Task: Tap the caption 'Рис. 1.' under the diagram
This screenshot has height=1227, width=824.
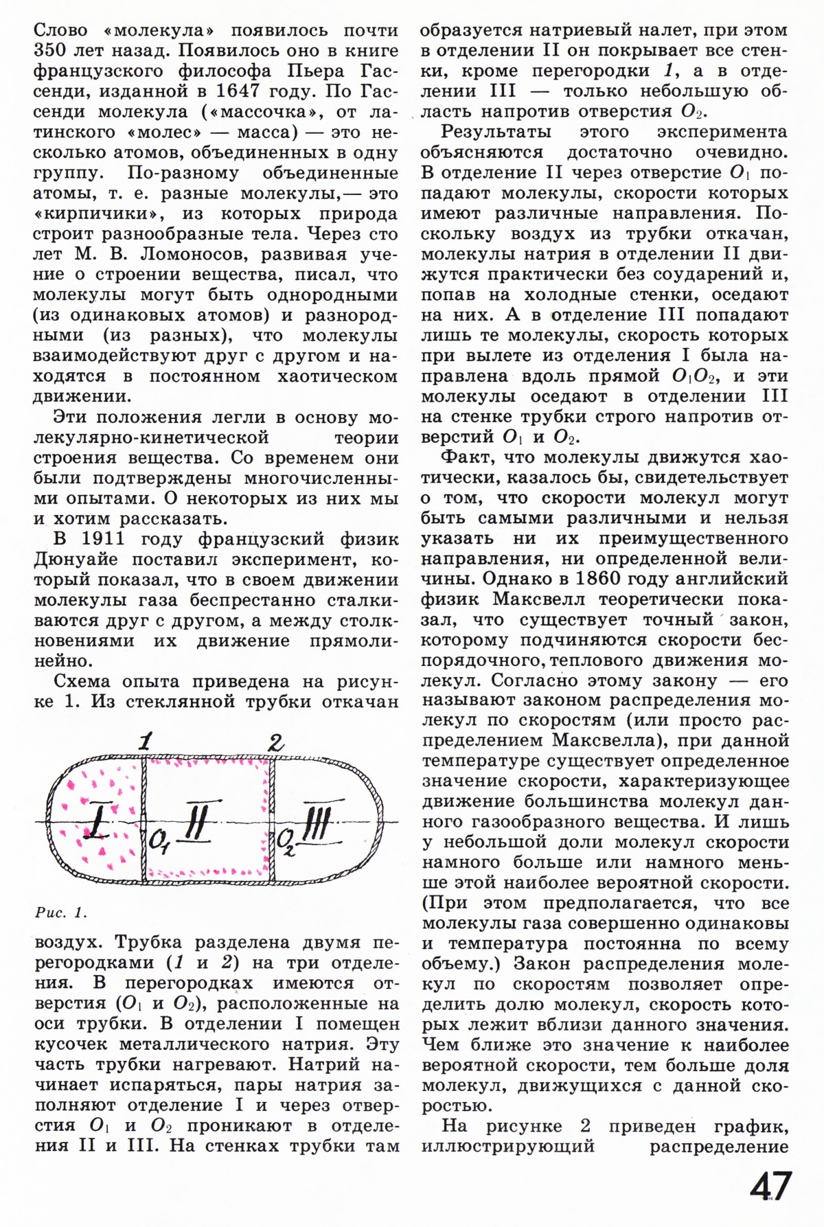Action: click(61, 913)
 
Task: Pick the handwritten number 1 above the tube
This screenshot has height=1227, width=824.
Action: click(144, 742)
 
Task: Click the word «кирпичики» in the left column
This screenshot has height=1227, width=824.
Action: click(95, 213)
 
